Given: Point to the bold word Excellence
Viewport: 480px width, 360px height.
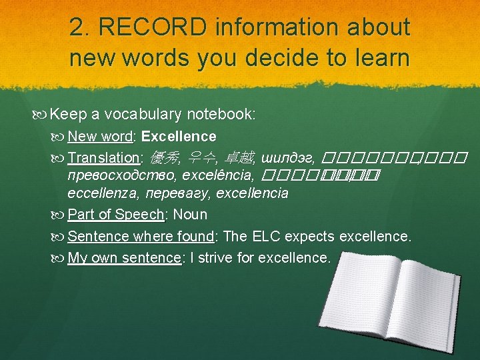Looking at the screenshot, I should click(x=179, y=137).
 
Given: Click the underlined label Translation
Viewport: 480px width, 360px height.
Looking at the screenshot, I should click(x=103, y=158).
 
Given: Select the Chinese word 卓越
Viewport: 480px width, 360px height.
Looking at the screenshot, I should click(x=239, y=158).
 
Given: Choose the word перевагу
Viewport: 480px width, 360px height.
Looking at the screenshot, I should click(x=172, y=194).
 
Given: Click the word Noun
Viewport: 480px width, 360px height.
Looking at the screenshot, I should click(x=190, y=215).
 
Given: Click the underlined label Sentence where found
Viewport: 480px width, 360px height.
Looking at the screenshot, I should click(x=141, y=237).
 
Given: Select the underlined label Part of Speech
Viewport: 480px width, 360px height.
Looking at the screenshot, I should click(x=116, y=215).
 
